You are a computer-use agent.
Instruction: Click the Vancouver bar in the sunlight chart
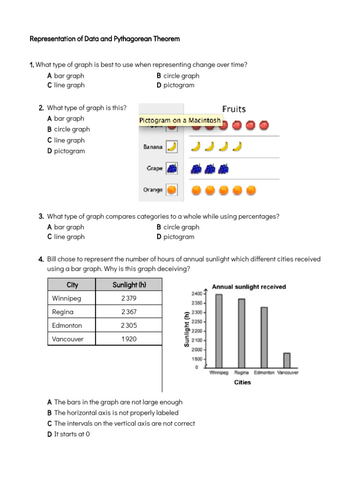point(287,360)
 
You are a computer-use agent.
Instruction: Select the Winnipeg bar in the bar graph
point(219,330)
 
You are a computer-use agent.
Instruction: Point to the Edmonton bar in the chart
point(264,337)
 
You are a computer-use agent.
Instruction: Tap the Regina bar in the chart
point(241,333)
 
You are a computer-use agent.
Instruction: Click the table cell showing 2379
point(129,298)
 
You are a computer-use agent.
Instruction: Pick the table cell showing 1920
point(129,338)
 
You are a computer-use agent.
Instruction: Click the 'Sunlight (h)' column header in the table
point(129,285)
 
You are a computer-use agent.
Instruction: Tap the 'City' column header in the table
point(72,285)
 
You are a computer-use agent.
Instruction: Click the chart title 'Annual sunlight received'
point(249,286)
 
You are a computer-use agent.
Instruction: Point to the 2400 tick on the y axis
point(196,293)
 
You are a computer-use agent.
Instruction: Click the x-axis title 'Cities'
point(242,382)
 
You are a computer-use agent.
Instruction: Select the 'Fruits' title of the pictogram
point(233,109)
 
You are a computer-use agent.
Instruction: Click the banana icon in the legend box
point(172,147)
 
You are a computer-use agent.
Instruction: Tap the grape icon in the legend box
point(172,168)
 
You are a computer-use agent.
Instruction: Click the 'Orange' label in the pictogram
point(153,190)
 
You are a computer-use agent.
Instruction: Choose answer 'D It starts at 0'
point(68,434)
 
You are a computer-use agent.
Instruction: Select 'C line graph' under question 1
point(66,85)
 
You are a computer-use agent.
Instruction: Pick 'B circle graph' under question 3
point(178,227)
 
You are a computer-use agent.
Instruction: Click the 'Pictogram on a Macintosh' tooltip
point(180,120)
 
